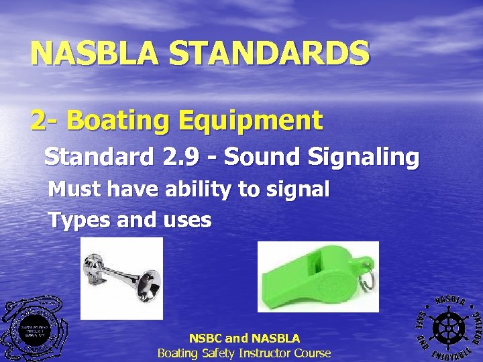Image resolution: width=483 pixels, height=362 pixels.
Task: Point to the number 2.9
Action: pos(179,157)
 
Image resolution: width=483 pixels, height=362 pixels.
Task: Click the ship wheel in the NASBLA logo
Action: pos(448,326)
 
